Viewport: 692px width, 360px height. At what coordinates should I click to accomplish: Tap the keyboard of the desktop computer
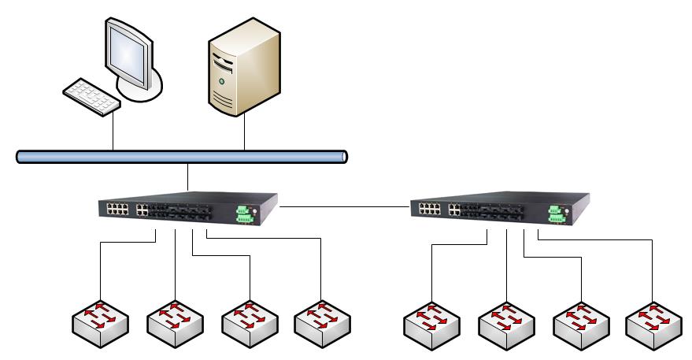coord(91,96)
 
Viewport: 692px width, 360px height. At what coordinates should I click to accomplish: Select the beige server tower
coord(244,71)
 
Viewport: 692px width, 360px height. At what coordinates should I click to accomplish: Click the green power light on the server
coord(221,81)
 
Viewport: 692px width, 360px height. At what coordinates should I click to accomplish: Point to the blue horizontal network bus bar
coord(182,157)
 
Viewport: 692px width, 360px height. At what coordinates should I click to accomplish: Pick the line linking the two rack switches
coord(345,207)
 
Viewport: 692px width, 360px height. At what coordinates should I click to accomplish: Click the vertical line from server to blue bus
coord(245,132)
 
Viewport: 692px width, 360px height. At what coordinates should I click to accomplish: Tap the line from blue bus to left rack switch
coord(188,177)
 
